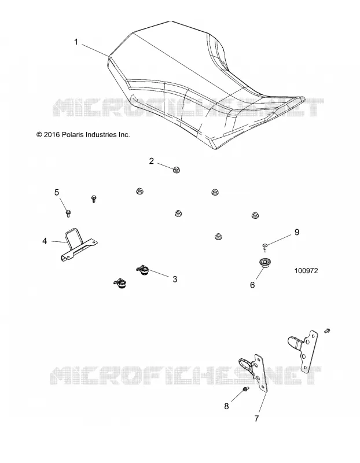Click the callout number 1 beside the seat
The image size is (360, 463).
pos(76,42)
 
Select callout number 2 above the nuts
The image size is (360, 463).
pos(152,161)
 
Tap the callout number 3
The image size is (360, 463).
pos(175,279)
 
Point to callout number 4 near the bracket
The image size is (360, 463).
pos(45,241)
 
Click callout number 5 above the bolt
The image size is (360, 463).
pos(57,193)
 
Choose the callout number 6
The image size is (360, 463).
pos(252,285)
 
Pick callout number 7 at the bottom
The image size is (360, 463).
pos(256,418)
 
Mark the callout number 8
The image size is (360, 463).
pos(226,406)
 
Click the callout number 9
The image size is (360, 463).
pos(297,232)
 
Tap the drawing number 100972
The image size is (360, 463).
pos(306,270)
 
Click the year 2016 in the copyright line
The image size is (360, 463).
pos(52,135)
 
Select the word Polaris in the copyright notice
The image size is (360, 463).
pos(72,135)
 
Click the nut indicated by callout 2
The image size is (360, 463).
pos(177,170)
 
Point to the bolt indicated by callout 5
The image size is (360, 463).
pos(68,213)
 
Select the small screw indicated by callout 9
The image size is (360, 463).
pos(265,247)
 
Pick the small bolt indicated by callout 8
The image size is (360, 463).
pos(246,389)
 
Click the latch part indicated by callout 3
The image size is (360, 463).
pos(144,270)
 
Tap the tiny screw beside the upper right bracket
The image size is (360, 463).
pos(327,330)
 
